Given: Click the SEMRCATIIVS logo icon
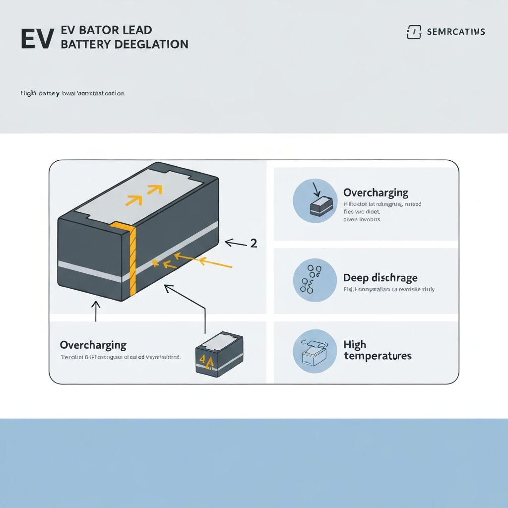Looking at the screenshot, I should (413, 32).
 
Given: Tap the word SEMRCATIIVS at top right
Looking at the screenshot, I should (455, 32).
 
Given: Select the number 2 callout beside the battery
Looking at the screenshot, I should (254, 243).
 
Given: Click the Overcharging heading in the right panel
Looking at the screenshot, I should (376, 192).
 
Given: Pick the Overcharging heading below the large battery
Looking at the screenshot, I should (93, 345).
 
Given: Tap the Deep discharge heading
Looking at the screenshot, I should (380, 278).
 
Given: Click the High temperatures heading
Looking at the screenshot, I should (377, 350).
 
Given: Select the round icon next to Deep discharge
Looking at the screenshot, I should (315, 280).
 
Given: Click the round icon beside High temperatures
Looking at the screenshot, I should (315, 351).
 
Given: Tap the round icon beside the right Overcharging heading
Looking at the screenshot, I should (315, 200).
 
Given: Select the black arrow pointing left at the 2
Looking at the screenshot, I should (236, 243).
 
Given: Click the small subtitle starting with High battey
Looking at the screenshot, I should (72, 93).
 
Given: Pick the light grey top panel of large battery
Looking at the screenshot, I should (144, 191).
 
